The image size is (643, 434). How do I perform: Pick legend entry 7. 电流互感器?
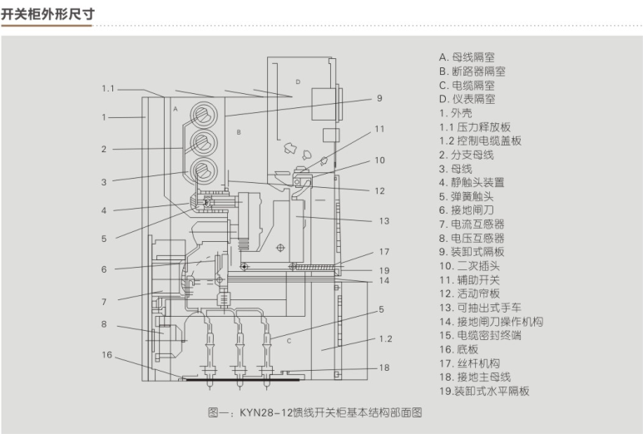point(472,224)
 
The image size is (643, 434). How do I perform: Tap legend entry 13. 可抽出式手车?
point(481,308)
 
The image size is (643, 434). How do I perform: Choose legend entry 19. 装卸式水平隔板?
point(484,391)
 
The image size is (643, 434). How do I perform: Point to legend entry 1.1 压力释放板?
point(475,127)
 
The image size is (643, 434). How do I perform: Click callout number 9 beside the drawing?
point(378,98)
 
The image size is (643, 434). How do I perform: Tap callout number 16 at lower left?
point(106,355)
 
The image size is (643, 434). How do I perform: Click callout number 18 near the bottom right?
point(383,367)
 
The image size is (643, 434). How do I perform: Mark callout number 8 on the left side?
point(104,324)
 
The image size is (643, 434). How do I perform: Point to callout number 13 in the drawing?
point(383,221)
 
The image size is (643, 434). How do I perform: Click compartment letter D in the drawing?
point(297,81)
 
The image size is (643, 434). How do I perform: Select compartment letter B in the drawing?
point(238,132)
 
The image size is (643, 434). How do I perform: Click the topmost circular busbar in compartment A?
point(203,113)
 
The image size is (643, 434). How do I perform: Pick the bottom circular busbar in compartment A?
point(203,171)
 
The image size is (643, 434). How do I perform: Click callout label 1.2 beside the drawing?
point(385,339)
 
